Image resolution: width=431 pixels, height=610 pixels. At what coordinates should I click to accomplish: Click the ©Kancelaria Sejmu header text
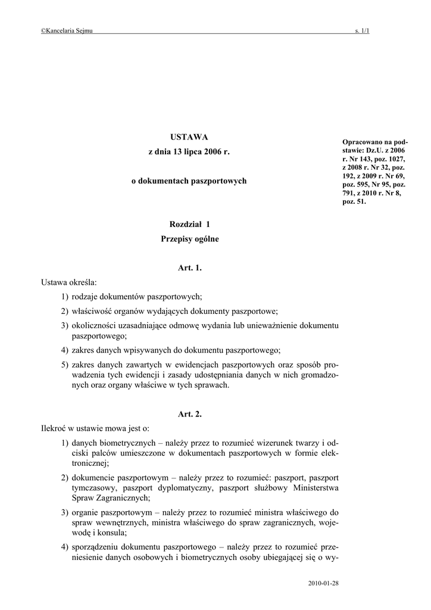tap(67, 31)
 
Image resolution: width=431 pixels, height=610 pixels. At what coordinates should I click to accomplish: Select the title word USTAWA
tap(189, 138)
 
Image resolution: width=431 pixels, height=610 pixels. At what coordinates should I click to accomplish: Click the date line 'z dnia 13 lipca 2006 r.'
tap(189, 152)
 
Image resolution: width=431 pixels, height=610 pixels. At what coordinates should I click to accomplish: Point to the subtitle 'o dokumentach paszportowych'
tap(189, 180)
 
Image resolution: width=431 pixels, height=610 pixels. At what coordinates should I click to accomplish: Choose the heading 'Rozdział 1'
tap(190, 225)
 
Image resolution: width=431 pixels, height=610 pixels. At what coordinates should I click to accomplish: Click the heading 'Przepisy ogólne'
tap(190, 239)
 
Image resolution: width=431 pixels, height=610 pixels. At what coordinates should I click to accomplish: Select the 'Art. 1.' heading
tap(190, 268)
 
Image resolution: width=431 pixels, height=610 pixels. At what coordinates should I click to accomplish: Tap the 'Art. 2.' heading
tap(190, 414)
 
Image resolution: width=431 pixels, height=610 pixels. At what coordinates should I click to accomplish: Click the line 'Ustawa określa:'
tap(68, 282)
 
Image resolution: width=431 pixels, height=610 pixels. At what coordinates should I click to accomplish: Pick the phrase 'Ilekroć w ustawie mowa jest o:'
tap(95, 428)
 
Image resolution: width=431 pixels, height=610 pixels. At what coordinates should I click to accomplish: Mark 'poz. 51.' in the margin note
tap(354, 201)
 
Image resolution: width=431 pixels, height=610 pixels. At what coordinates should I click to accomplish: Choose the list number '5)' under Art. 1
tap(64, 364)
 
